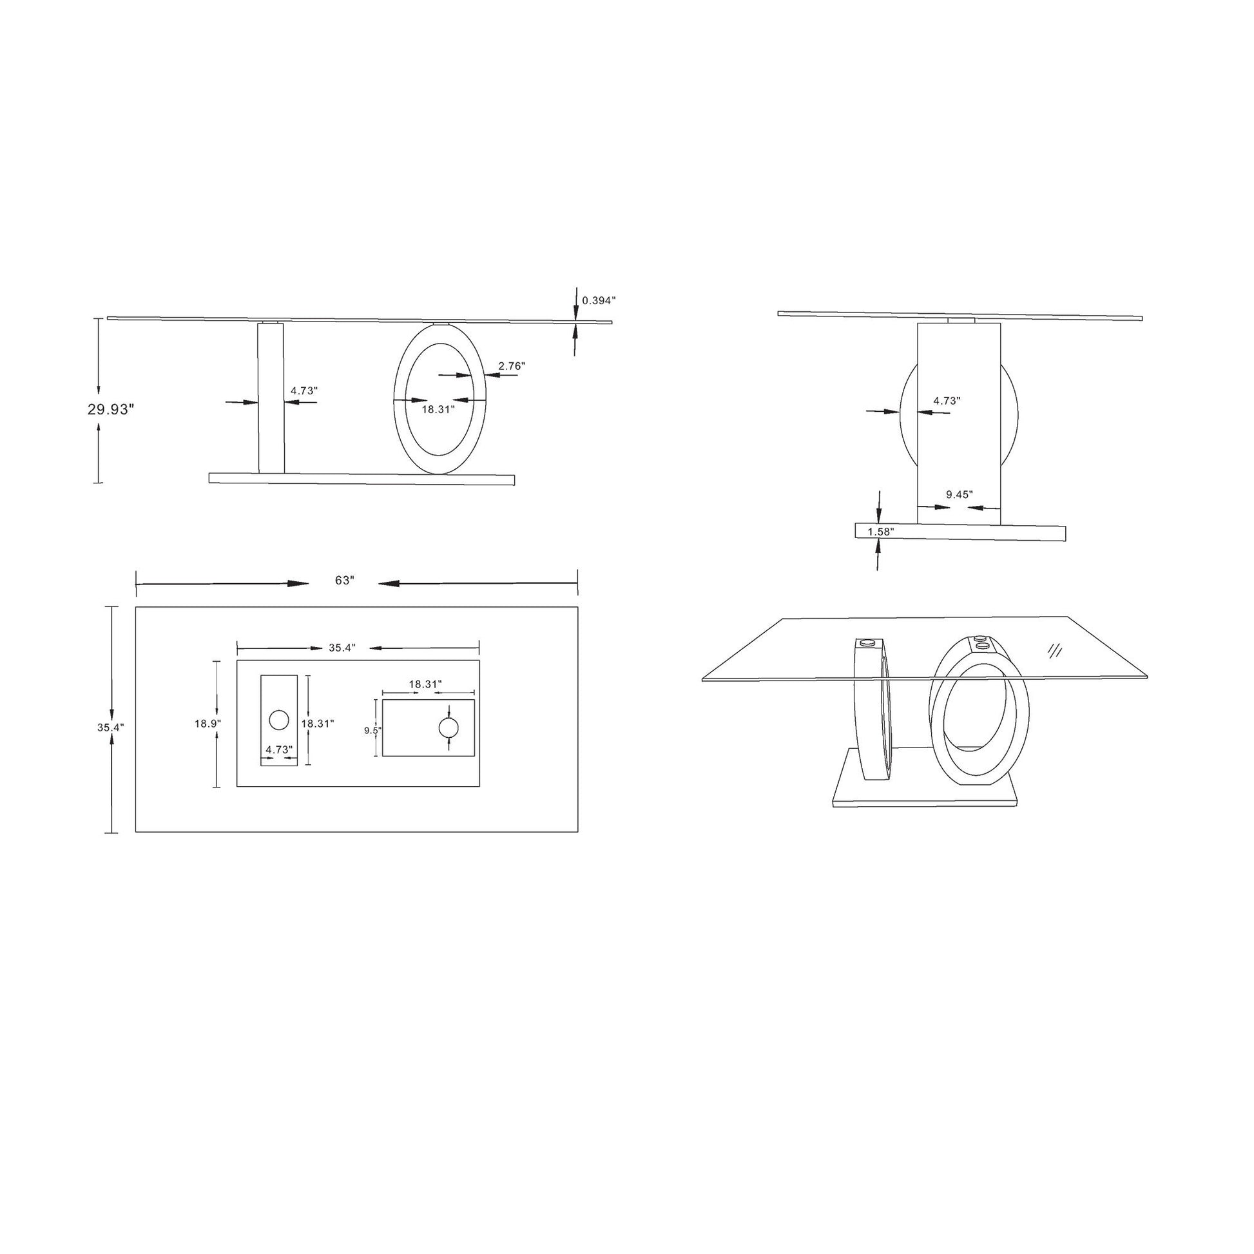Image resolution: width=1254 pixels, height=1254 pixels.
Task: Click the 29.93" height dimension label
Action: click(110, 410)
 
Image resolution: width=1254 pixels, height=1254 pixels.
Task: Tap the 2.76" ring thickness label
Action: click(512, 366)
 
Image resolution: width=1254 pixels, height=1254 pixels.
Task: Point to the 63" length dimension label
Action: click(344, 580)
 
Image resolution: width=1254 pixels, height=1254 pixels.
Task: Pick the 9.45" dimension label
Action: click(960, 495)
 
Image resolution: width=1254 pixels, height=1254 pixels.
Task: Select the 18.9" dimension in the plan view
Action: click(207, 723)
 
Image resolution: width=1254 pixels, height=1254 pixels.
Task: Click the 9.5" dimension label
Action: click(372, 730)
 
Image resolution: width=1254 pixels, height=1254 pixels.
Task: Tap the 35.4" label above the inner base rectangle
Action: click(342, 648)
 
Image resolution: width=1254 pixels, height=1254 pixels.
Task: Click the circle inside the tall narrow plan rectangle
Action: click(278, 720)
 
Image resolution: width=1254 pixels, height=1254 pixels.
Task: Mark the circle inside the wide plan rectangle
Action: click(449, 728)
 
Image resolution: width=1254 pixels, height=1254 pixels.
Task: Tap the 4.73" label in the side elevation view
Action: click(947, 401)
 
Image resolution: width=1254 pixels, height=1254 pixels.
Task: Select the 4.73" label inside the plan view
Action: click(279, 749)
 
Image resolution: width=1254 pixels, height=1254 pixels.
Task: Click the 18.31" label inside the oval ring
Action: click(438, 410)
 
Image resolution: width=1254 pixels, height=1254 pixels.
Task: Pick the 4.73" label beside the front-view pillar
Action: click(304, 391)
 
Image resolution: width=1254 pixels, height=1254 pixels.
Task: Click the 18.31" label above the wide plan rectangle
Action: click(425, 684)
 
